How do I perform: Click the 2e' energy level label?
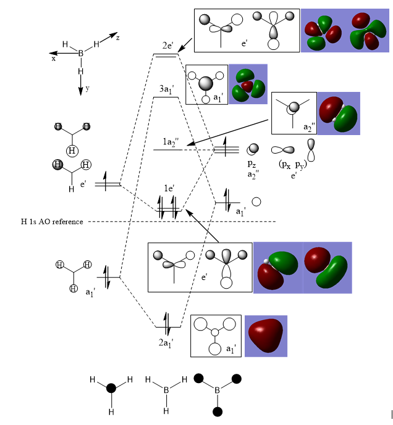(x=167, y=45)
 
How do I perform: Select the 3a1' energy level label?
(x=167, y=90)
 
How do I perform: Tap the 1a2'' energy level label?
(x=171, y=142)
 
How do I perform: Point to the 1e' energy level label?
(x=168, y=188)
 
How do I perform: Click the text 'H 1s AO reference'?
(x=51, y=221)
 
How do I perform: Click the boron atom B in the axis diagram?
(x=80, y=54)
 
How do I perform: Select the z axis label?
(x=117, y=38)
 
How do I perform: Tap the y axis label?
(x=87, y=88)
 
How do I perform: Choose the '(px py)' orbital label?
(x=293, y=165)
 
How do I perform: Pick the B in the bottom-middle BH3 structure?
(x=166, y=389)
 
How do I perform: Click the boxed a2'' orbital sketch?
(x=294, y=113)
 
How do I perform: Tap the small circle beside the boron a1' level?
(x=256, y=202)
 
